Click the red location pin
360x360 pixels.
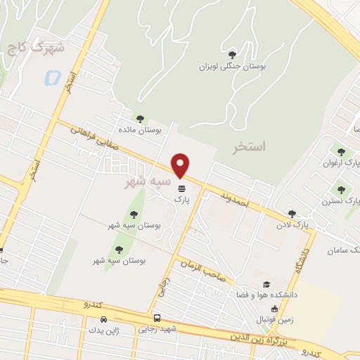(x=181, y=165)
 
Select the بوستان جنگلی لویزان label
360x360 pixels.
(x=232, y=67)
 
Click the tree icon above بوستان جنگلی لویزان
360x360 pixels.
(x=232, y=54)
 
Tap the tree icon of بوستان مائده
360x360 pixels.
(x=140, y=119)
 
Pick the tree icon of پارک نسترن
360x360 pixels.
(x=342, y=189)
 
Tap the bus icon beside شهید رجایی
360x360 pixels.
(x=157, y=317)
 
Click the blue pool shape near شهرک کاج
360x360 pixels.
(x=51, y=78)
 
